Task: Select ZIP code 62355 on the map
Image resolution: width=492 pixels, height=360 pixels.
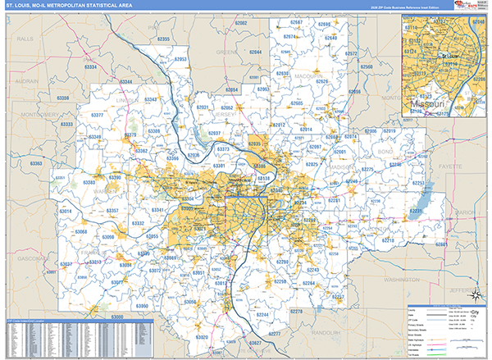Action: (163, 39)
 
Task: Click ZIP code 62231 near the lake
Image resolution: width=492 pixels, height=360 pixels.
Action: (417, 212)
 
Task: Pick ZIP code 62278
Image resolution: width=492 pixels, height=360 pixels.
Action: (297, 312)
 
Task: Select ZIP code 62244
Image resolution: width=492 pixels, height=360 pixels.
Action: (262, 315)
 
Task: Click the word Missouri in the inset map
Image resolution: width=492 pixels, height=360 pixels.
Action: (426, 106)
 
